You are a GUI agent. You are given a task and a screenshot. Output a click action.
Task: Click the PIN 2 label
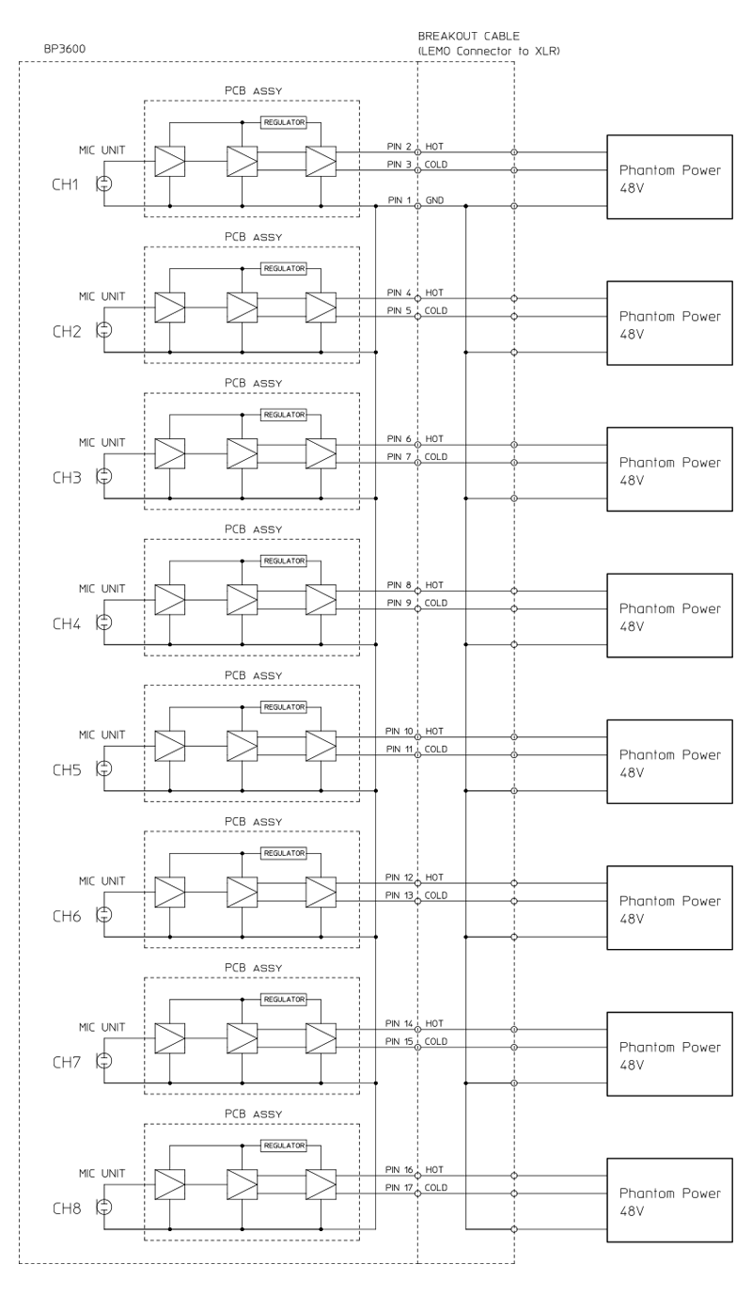[x=399, y=147]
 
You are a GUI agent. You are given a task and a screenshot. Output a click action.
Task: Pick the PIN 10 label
[x=399, y=731]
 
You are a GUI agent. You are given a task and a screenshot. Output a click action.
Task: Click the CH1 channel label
[x=65, y=185]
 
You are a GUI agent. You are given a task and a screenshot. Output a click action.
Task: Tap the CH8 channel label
[x=65, y=1208]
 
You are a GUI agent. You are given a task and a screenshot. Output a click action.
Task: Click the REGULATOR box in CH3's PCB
[x=285, y=414]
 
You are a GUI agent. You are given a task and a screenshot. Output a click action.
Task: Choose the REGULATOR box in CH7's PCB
[x=285, y=999]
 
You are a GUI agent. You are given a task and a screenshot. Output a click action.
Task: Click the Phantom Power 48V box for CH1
[x=669, y=177]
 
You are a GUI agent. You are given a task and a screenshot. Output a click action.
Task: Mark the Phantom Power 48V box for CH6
[x=669, y=908]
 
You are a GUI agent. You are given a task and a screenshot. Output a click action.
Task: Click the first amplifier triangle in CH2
[x=169, y=307]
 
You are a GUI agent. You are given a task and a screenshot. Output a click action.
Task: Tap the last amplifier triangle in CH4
[x=321, y=599]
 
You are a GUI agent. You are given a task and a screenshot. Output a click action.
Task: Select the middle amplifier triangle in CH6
[x=242, y=891]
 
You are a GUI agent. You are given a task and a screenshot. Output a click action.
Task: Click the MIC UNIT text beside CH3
[x=102, y=442]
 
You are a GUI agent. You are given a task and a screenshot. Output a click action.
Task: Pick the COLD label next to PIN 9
[x=436, y=603]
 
